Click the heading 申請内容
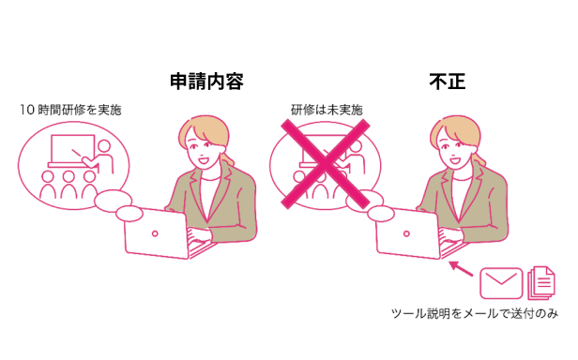(x=206, y=82)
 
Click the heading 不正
(x=447, y=82)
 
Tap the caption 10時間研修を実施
(x=70, y=110)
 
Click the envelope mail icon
(x=500, y=281)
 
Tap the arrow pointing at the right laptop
(x=461, y=271)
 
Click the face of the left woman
(x=203, y=150)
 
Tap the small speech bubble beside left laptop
(x=117, y=204)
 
